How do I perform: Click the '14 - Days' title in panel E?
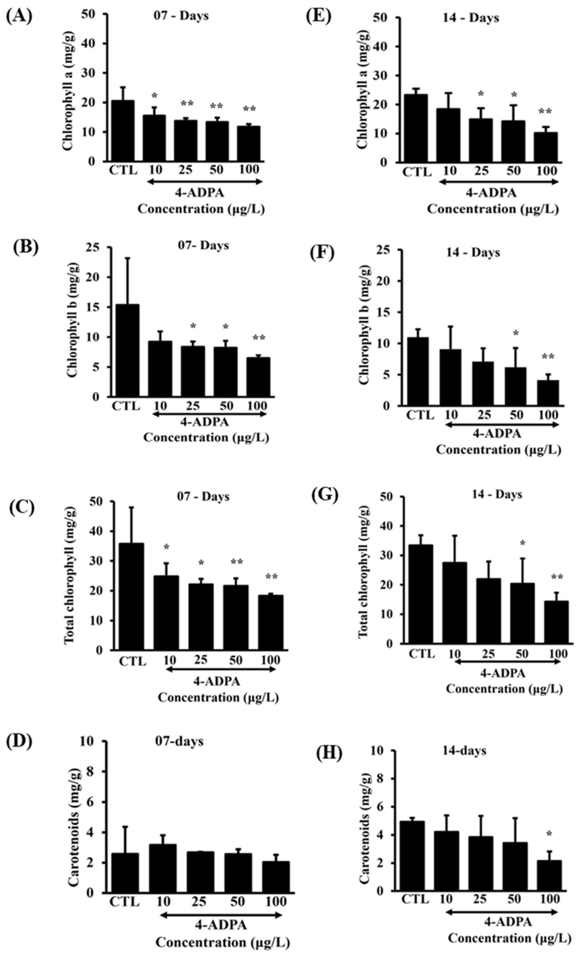tap(471, 18)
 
